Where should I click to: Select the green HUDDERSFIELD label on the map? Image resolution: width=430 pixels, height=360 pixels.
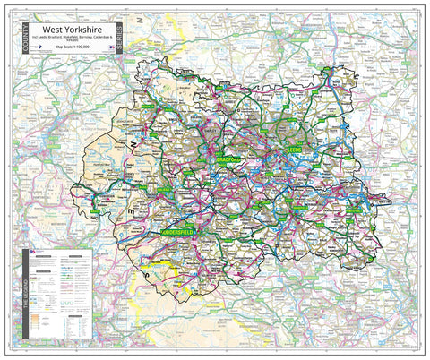(x=184, y=230)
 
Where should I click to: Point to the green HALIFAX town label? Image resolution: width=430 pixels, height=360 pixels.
(x=166, y=191)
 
